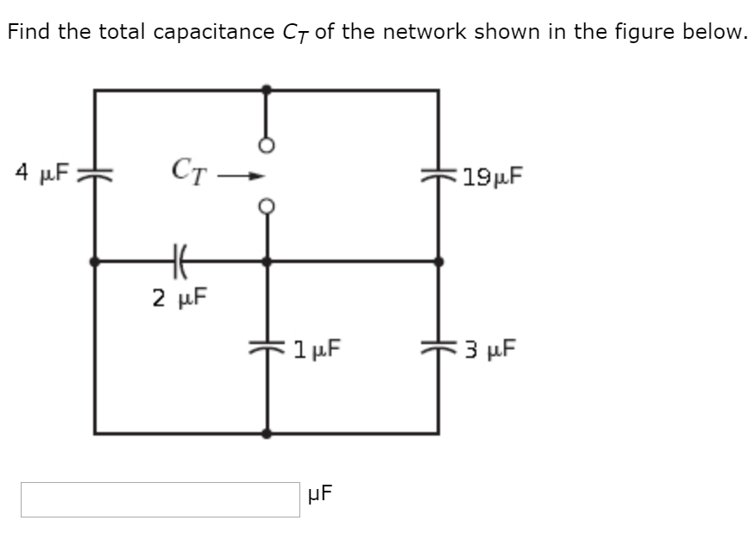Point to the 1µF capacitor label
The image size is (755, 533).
coord(316,349)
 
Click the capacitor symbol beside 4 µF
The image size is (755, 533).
coord(94,173)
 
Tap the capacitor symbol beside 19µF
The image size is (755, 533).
coord(438,177)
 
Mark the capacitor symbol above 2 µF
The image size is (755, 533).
coord(179,260)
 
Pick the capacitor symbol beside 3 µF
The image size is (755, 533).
coord(438,348)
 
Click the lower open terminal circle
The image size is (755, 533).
coord(267,207)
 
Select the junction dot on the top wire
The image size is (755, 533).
coord(267,89)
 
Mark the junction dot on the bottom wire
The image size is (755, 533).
coord(267,433)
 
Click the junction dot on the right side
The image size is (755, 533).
coord(438,260)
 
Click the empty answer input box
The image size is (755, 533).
coord(160,499)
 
